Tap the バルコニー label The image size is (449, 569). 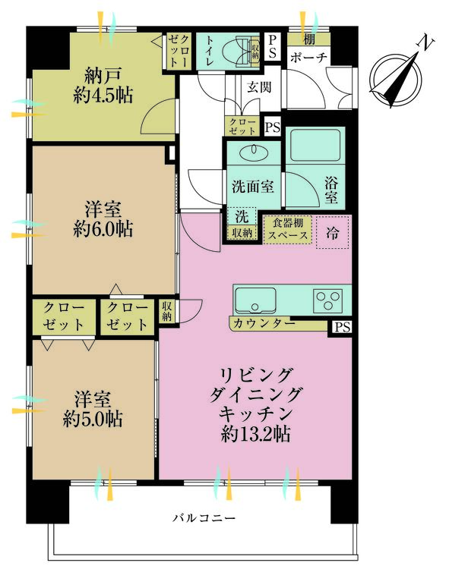(204, 518)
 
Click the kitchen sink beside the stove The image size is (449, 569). (254, 300)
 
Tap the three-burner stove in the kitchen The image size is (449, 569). (329, 300)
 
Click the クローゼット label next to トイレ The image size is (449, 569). (180, 51)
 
